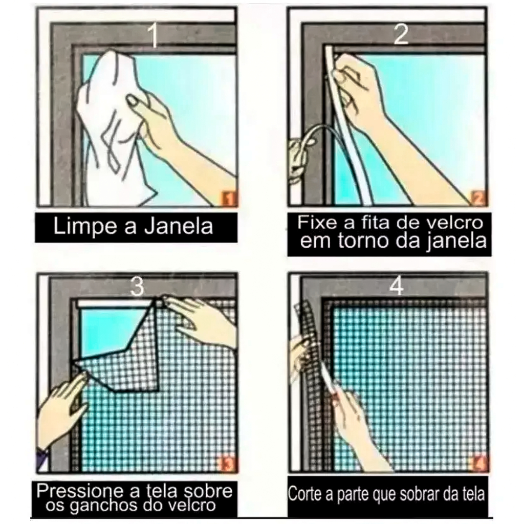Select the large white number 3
(137, 287)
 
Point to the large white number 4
(397, 286)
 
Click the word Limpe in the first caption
(86, 227)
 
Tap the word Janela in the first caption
(179, 226)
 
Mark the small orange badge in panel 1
(229, 199)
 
